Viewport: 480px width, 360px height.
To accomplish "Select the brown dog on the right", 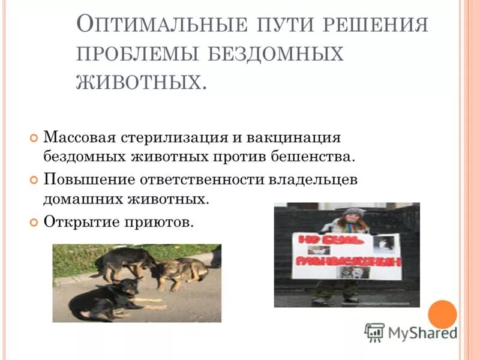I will pos(180,272).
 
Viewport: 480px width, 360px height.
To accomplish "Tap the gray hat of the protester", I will pos(354,212).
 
